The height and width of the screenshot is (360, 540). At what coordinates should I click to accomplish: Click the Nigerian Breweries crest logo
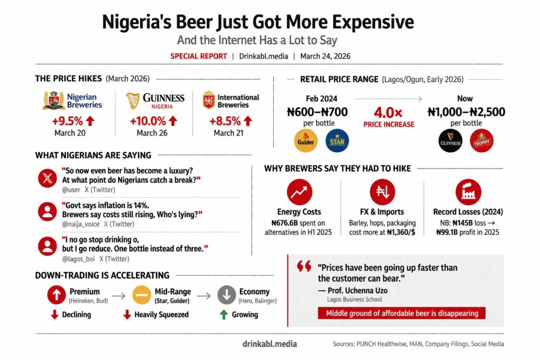[53, 100]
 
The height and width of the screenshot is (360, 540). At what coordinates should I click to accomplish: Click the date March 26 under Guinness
[152, 133]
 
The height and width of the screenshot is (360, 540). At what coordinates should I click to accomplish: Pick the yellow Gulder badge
[305, 141]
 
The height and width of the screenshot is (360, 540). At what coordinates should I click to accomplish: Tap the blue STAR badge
[337, 141]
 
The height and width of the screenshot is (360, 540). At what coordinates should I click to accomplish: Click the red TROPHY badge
[481, 141]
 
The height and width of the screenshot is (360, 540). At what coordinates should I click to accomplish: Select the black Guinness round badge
[451, 141]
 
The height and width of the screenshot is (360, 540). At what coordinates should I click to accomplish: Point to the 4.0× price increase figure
[388, 112]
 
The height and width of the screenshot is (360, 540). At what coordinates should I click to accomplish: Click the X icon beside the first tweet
[47, 178]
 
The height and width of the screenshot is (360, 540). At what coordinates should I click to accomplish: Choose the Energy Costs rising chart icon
[299, 192]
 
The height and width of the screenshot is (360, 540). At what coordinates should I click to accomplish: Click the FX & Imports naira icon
[382, 192]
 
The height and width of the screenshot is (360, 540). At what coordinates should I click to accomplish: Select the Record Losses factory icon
[468, 192]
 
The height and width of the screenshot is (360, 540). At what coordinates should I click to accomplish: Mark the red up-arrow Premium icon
[56, 295]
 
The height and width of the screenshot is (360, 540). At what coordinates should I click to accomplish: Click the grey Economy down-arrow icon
[227, 295]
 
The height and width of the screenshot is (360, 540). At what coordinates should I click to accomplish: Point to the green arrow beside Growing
[224, 315]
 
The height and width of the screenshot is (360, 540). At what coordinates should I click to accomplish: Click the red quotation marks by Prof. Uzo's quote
[304, 267]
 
